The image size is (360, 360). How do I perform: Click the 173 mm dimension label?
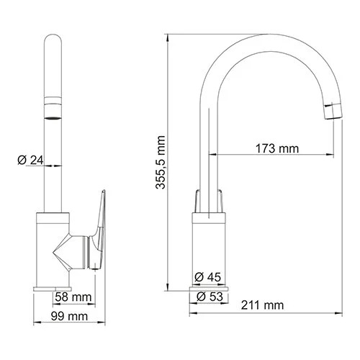(x=277, y=148)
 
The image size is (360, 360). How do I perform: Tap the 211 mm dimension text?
(x=263, y=306)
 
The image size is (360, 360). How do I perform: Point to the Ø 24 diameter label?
(x=26, y=160)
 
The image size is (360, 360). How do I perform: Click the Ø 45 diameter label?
(x=209, y=276)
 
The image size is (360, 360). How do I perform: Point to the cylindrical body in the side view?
(x=209, y=248)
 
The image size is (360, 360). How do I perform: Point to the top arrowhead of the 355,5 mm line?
(x=167, y=35)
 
